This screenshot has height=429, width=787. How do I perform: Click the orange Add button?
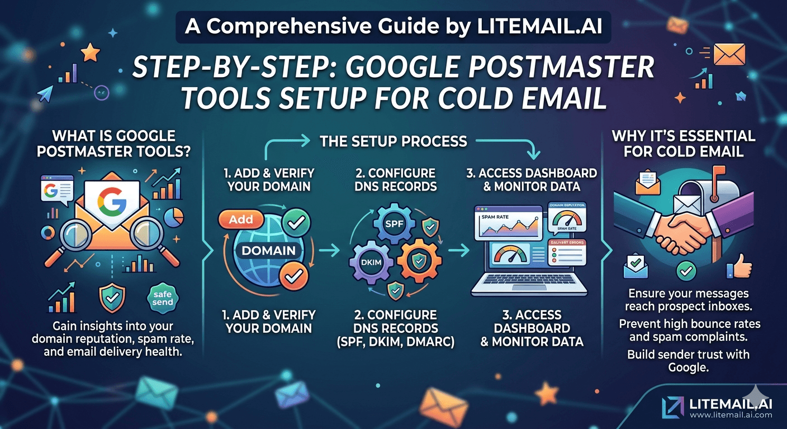point(241,220)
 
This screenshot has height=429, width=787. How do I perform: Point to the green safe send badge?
point(163,298)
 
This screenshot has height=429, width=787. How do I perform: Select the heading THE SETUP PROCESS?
point(393,141)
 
